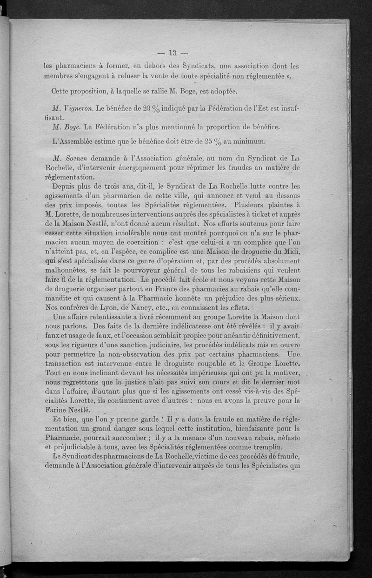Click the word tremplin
[264, 441]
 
